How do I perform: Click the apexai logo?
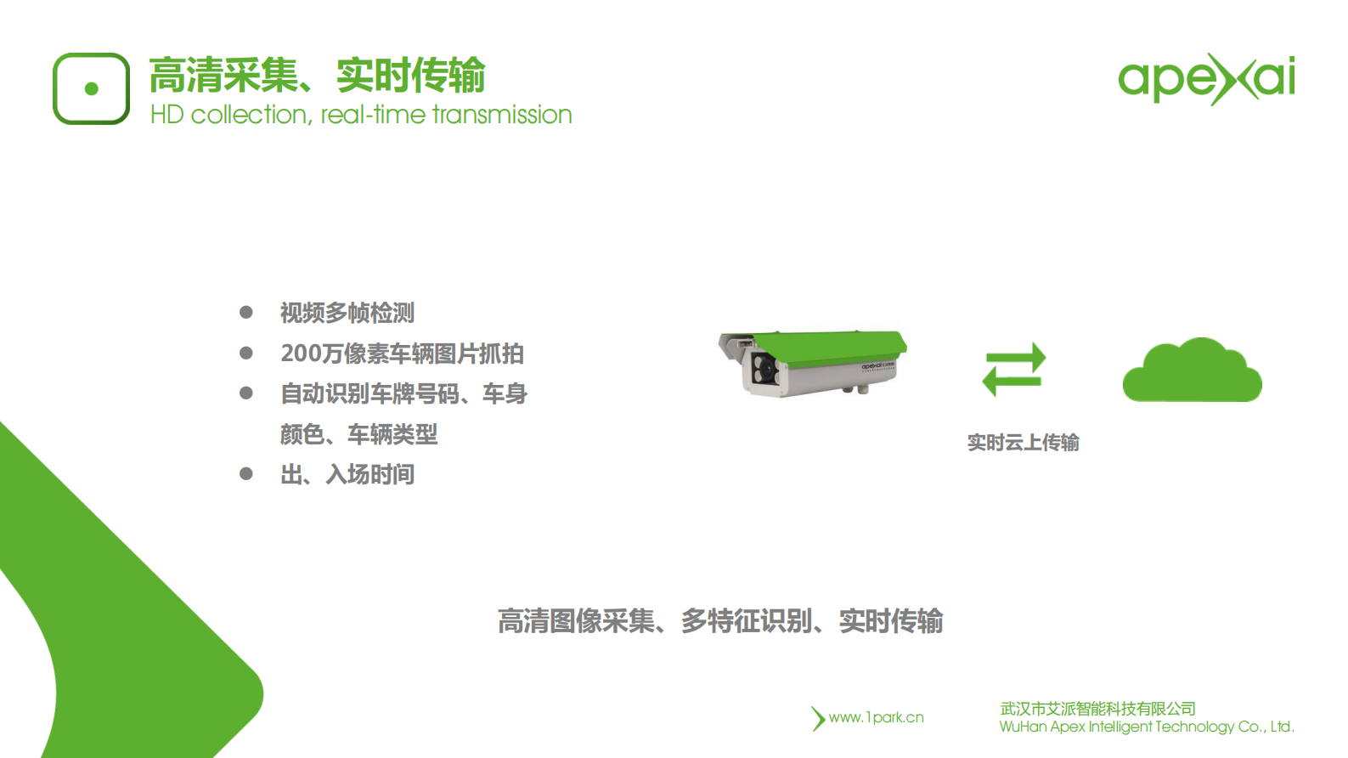click(x=1206, y=79)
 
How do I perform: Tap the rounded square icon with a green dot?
click(x=91, y=88)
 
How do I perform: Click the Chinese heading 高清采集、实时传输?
click(x=317, y=75)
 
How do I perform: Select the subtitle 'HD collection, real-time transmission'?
click(x=361, y=115)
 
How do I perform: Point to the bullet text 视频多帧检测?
click(x=347, y=313)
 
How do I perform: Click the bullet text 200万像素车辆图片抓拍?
click(x=402, y=354)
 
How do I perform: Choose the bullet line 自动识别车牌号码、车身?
click(x=403, y=393)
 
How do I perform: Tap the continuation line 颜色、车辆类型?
click(x=358, y=434)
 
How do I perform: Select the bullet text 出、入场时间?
click(x=347, y=474)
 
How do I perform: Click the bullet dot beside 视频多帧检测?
click(x=246, y=312)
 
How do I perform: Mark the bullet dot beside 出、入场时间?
click(x=246, y=473)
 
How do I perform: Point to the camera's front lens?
click(x=763, y=369)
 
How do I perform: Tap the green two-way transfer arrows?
click(x=1013, y=370)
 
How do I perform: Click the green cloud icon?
click(x=1192, y=371)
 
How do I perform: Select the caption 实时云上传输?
click(x=1023, y=443)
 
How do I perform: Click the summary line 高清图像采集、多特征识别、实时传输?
click(x=720, y=621)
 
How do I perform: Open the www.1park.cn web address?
click(x=876, y=717)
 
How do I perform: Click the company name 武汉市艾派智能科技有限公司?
click(x=1097, y=708)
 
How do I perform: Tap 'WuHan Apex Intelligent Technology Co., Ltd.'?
click(x=1147, y=727)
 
